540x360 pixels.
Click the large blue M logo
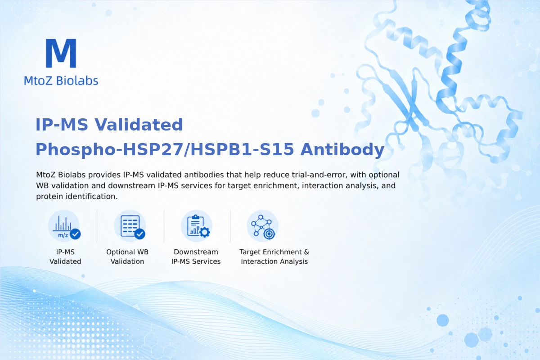(x=61, y=53)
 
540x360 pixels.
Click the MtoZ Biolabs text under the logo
(x=61, y=81)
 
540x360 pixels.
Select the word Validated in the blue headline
(x=139, y=125)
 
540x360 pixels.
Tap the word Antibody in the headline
(x=342, y=150)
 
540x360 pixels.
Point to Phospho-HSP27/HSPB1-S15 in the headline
(x=165, y=149)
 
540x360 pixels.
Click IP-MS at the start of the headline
(x=62, y=125)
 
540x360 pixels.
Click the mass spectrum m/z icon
(x=64, y=226)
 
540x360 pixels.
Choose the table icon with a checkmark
(x=130, y=226)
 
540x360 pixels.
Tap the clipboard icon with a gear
(x=197, y=226)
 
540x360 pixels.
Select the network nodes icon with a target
(x=262, y=226)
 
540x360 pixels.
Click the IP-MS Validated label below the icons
(x=65, y=256)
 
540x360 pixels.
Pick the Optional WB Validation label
(x=127, y=256)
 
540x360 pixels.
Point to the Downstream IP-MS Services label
(x=196, y=256)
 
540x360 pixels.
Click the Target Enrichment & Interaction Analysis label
(x=274, y=256)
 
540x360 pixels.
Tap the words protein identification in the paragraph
(x=76, y=197)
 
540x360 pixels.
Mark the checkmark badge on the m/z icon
(x=75, y=234)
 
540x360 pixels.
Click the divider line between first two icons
(x=97, y=226)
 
